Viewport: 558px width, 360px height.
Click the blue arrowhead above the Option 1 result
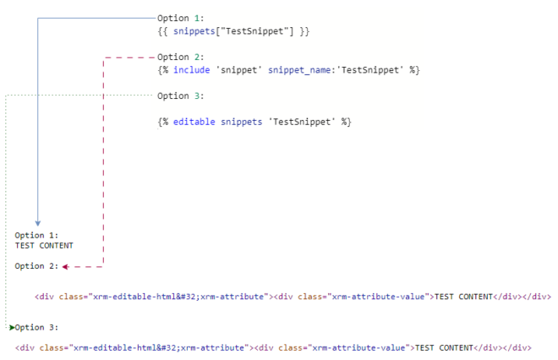pyautogui.click(x=38, y=223)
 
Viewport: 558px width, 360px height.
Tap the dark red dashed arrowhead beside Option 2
pyautogui.click(x=65, y=266)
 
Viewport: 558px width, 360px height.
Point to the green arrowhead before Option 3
pyautogui.click(x=12, y=327)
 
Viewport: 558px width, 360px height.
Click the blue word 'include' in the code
pyautogui.click(x=191, y=70)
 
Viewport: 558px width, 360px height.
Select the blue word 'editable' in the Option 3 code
pyautogui.click(x=194, y=122)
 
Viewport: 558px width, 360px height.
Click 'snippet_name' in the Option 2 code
pyautogui.click(x=299, y=70)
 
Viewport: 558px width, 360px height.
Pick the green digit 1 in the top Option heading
pyautogui.click(x=197, y=18)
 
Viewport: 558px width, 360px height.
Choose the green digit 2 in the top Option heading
pyautogui.click(x=197, y=57)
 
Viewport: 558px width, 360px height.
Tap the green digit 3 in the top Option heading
pyautogui.click(x=197, y=95)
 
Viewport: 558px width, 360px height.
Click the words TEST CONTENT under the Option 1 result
pyautogui.click(x=44, y=245)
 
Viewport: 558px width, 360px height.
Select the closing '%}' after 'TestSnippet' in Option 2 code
pyautogui.click(x=414, y=70)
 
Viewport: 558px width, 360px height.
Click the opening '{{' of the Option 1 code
pyautogui.click(x=162, y=31)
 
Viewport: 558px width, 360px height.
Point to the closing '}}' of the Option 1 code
pyautogui.click(x=304, y=31)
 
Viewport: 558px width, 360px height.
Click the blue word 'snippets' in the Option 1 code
pyautogui.click(x=194, y=31)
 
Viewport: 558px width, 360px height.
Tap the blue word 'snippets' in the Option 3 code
pyautogui.click(x=241, y=122)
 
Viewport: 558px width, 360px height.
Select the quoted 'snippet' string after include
pyautogui.click(x=238, y=70)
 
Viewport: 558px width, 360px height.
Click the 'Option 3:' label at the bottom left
pyautogui.click(x=36, y=327)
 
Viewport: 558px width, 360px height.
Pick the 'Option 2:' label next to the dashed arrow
pyautogui.click(x=36, y=266)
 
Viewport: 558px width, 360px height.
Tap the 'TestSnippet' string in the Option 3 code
pyautogui.click(x=302, y=122)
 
